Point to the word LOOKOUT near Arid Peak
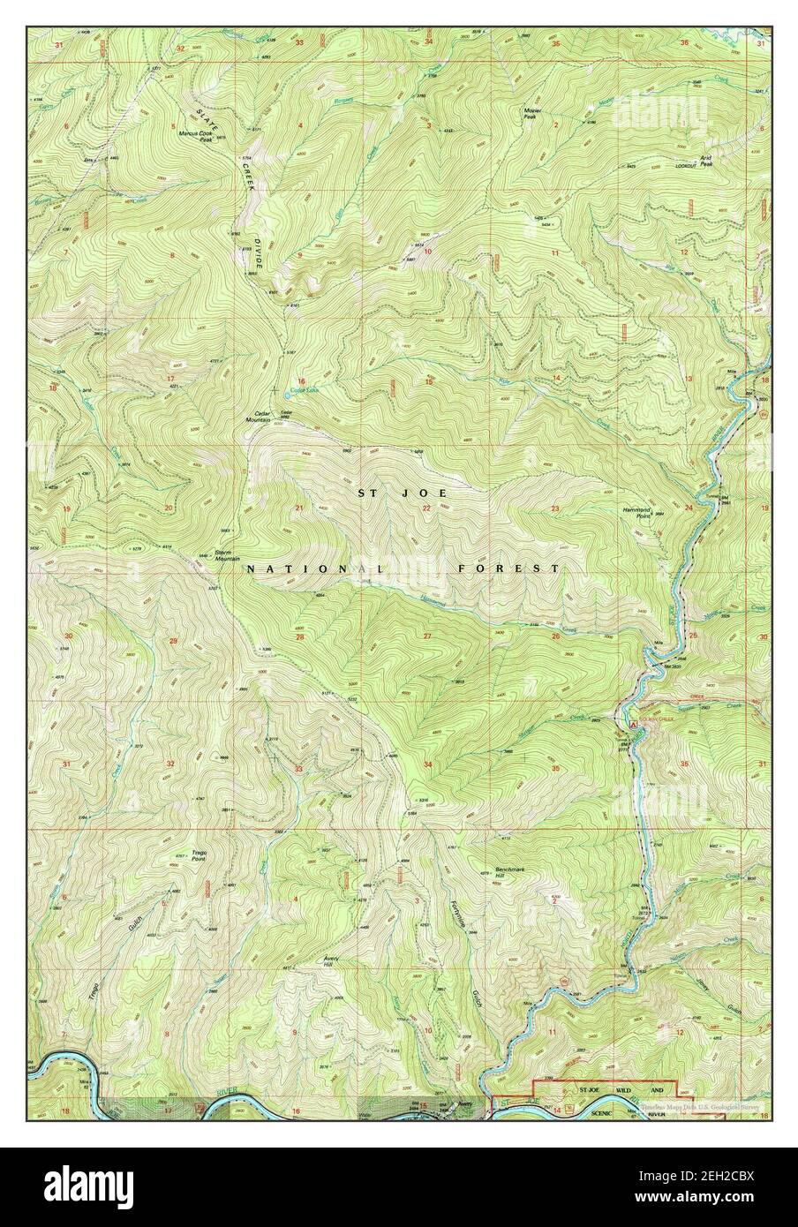tap(685, 166)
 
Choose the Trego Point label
tap(199, 855)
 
